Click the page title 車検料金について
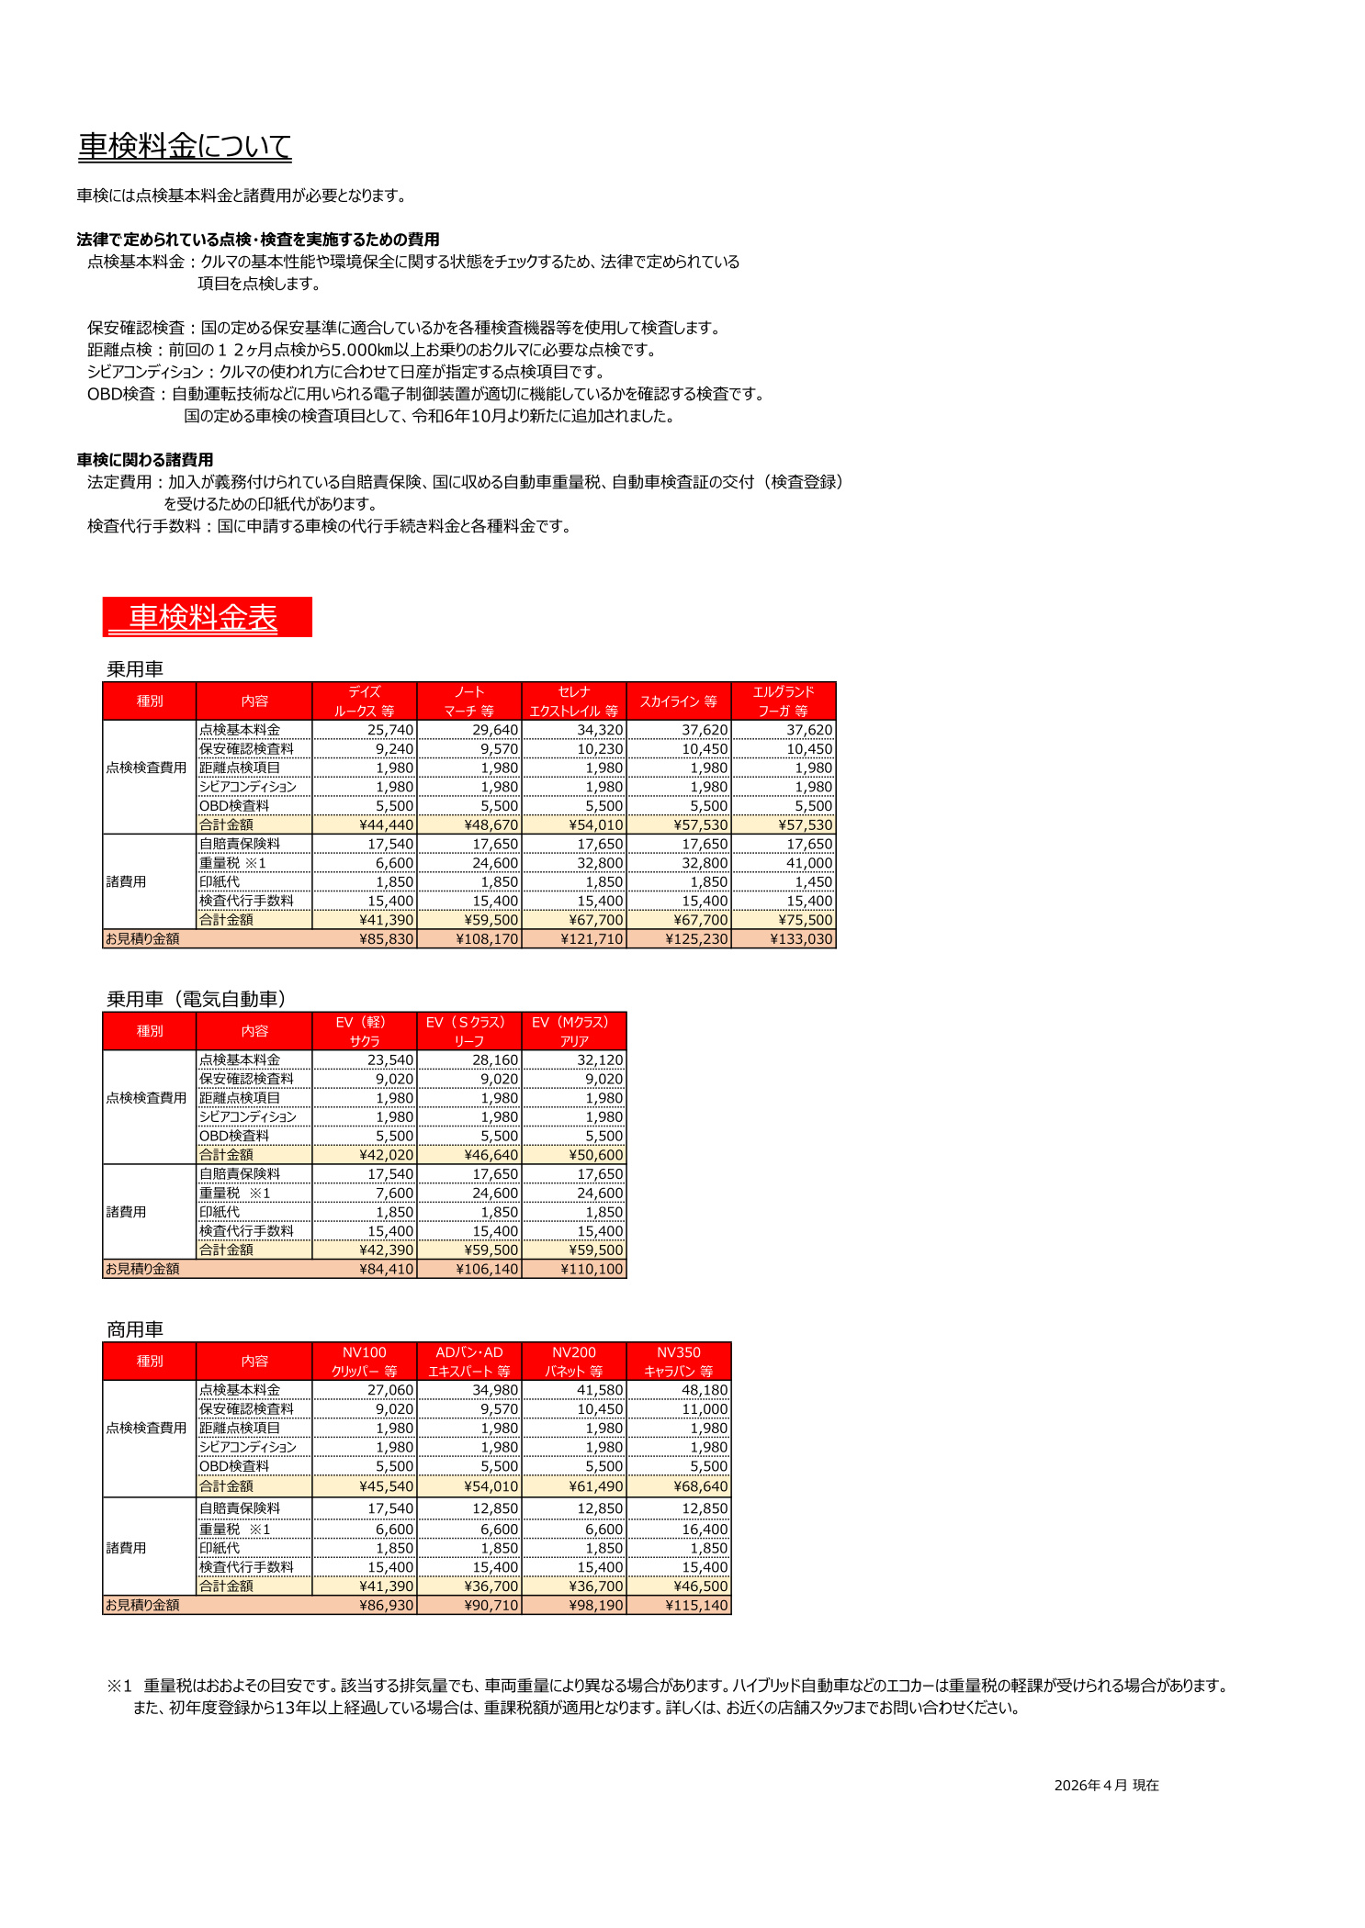(185, 146)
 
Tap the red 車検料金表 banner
(207, 617)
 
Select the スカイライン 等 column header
(679, 701)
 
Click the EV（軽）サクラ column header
(365, 1031)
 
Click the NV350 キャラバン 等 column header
(679, 1362)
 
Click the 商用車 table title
(135, 1329)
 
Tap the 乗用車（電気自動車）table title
(197, 999)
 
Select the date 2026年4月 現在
(1106, 1785)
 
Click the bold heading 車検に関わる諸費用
(145, 460)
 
